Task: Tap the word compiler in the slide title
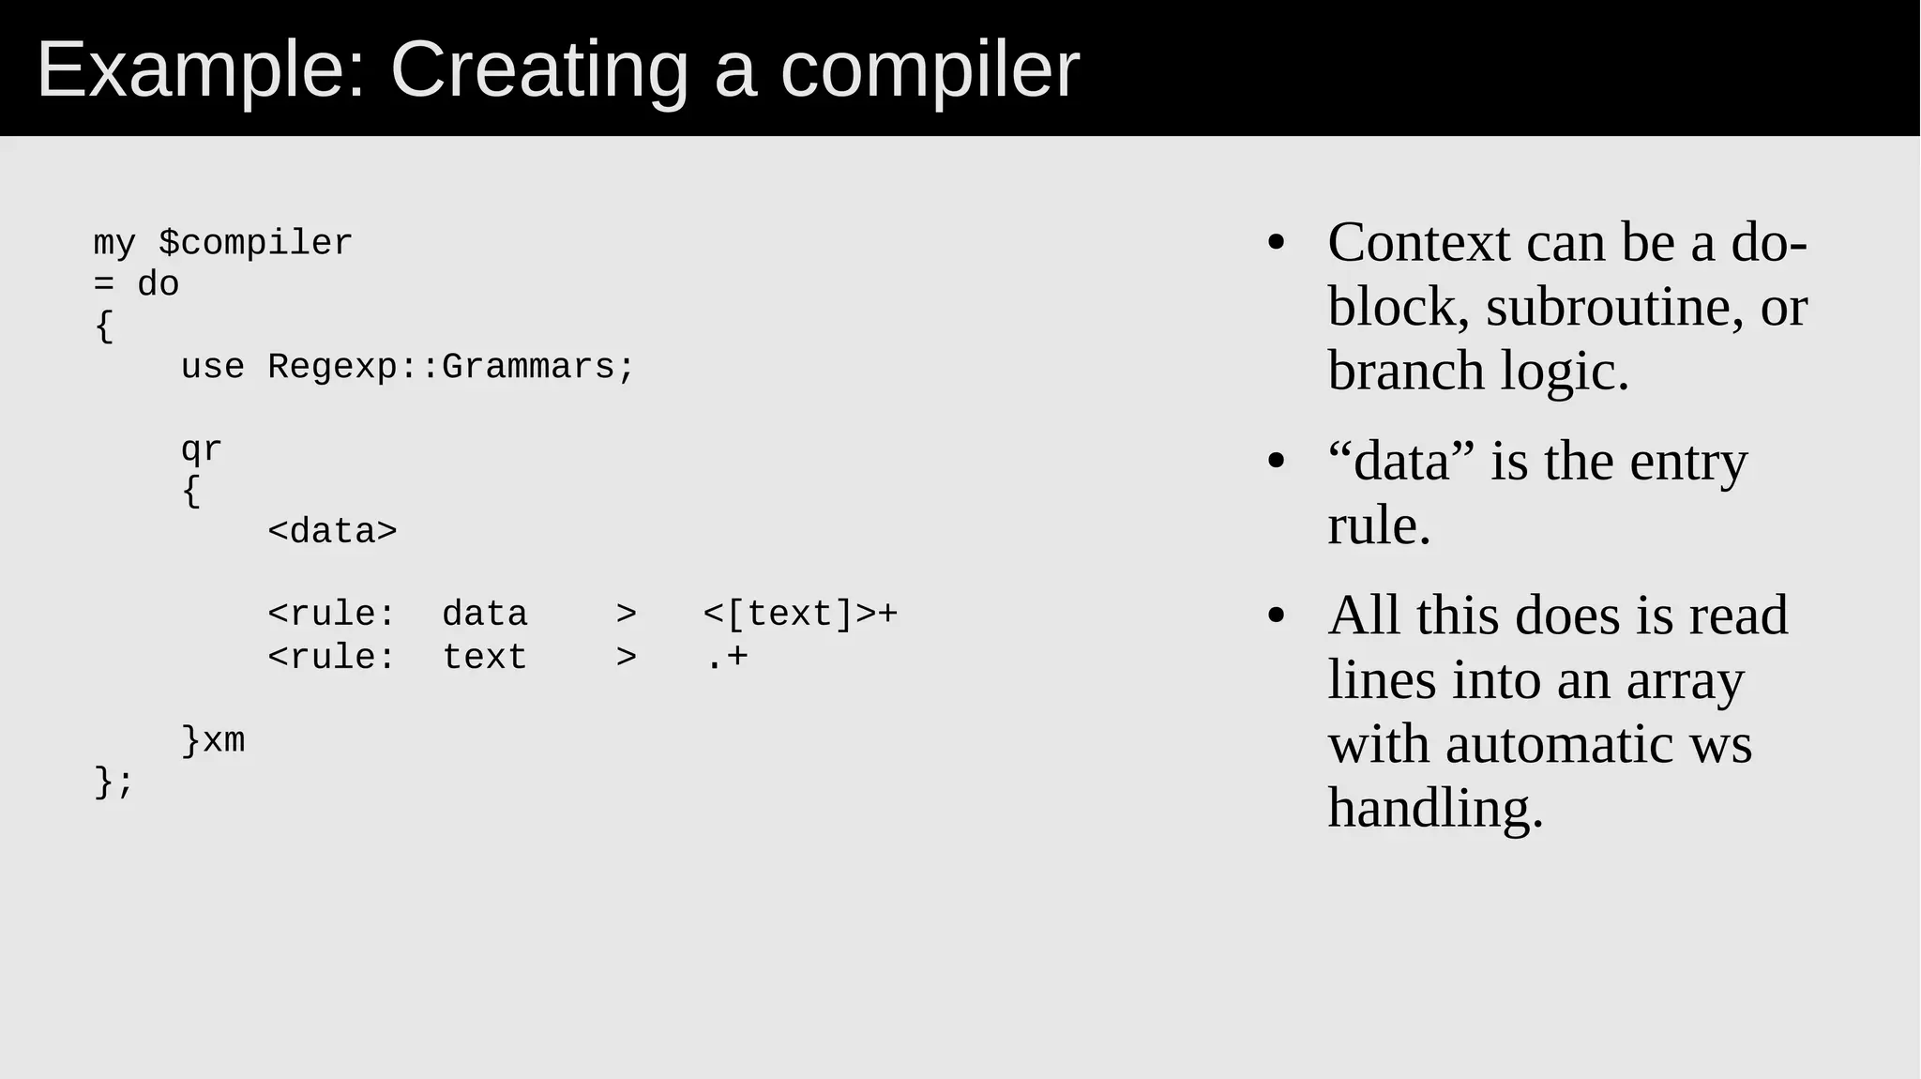coord(930,70)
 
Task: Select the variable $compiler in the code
coord(255,243)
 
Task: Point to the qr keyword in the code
coord(201,449)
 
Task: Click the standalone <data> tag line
coord(332,532)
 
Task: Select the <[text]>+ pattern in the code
coord(800,615)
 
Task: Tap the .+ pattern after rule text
coord(725,657)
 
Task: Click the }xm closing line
coord(213,740)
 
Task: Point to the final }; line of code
coord(113,782)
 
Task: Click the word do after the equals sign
coord(158,284)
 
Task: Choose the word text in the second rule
coord(484,657)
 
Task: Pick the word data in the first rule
coord(484,615)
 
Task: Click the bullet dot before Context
coord(1276,243)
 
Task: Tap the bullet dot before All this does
coord(1276,615)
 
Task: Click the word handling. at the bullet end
coord(1434,808)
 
